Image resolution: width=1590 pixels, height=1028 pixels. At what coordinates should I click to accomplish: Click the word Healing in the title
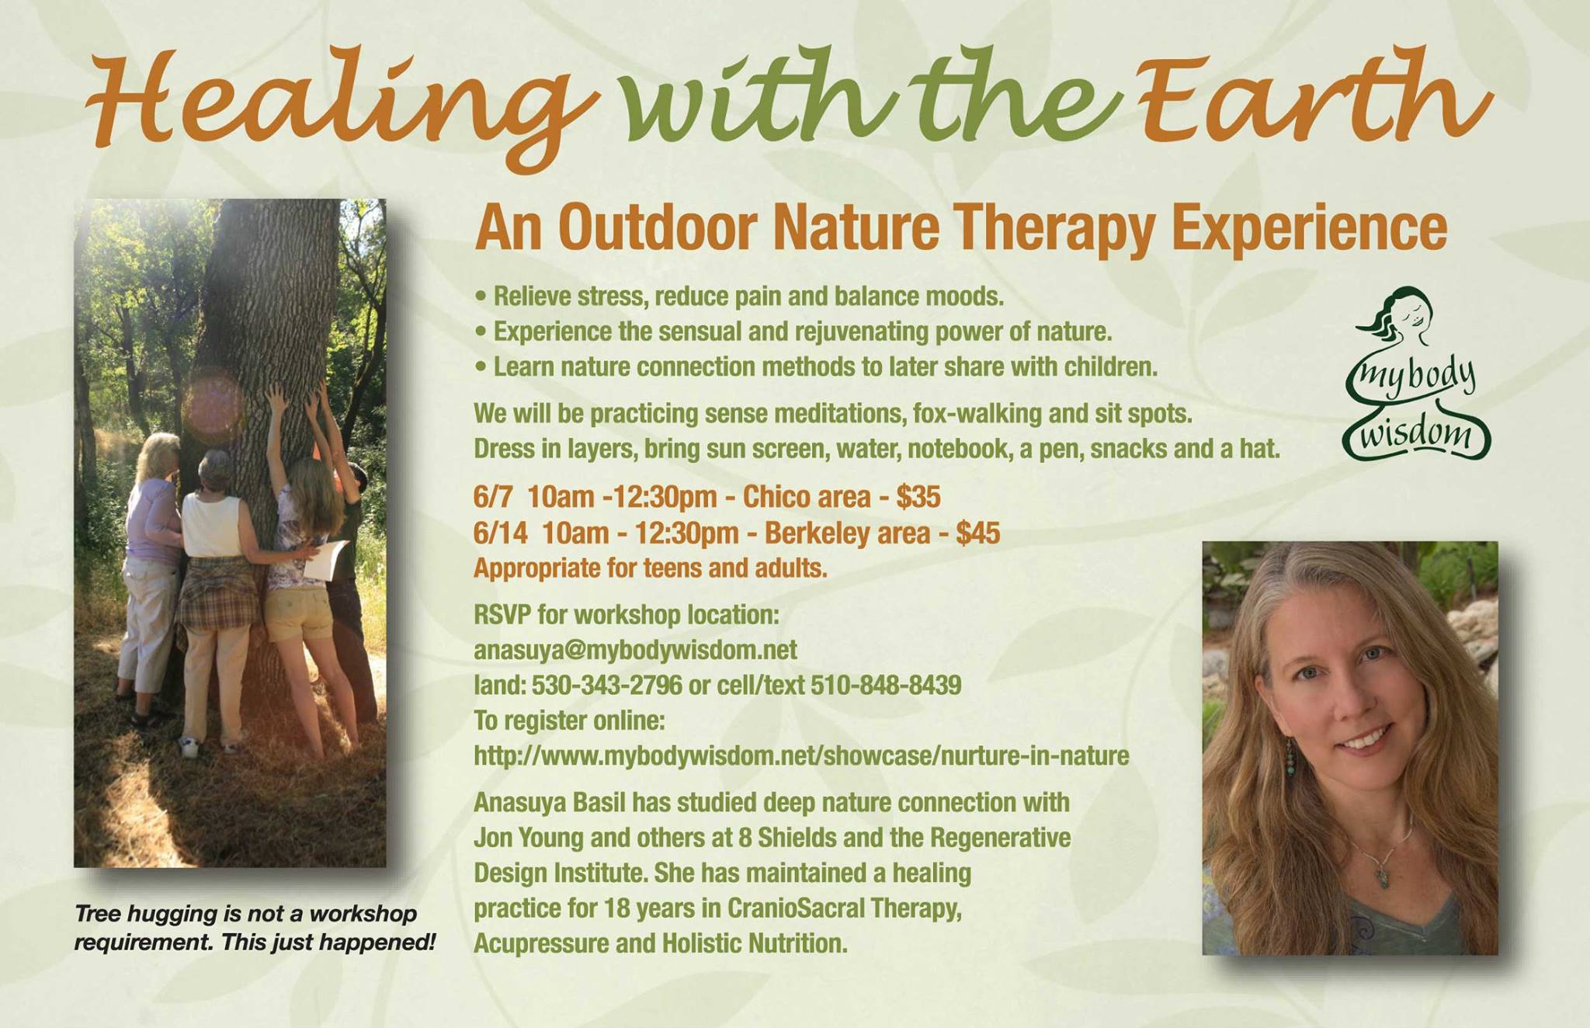tap(342, 101)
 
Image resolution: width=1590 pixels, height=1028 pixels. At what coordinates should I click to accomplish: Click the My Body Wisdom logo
tap(1416, 373)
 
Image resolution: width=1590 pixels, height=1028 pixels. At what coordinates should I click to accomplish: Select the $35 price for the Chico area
tap(918, 497)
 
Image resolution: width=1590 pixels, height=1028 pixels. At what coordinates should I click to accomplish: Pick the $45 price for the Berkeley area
tap(977, 533)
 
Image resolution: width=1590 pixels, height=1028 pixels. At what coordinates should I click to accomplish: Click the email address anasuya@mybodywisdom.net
tap(635, 650)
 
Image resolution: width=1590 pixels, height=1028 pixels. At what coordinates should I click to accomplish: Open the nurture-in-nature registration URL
tap(801, 756)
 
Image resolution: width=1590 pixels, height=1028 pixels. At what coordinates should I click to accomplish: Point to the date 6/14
tap(501, 533)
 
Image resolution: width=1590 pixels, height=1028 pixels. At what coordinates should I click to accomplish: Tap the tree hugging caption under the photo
tap(255, 928)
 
